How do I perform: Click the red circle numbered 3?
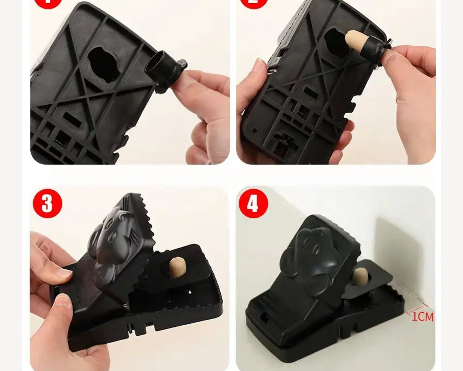pyautogui.click(x=48, y=203)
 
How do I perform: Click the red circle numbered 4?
pyautogui.click(x=253, y=203)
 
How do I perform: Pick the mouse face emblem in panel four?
pyautogui.click(x=313, y=255)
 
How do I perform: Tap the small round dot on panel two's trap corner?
pyautogui.click(x=254, y=130)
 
